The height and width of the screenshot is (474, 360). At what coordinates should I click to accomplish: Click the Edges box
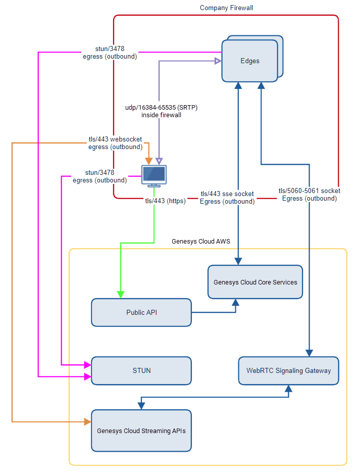point(250,61)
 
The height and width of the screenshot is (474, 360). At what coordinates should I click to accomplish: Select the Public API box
point(141,312)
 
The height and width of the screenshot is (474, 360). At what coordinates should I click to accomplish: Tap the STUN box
point(141,370)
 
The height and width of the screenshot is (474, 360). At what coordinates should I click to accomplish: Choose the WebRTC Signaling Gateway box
point(288,370)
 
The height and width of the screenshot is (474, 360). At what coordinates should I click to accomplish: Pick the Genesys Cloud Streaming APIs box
point(141,431)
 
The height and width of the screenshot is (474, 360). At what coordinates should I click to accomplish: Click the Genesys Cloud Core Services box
point(255,282)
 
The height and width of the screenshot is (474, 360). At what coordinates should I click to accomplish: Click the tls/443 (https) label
point(165,201)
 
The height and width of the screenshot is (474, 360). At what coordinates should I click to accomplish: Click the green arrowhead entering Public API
point(121,295)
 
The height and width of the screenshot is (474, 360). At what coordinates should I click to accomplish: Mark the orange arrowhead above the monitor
point(148,161)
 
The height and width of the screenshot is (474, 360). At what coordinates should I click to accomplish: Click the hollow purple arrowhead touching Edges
point(218,61)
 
